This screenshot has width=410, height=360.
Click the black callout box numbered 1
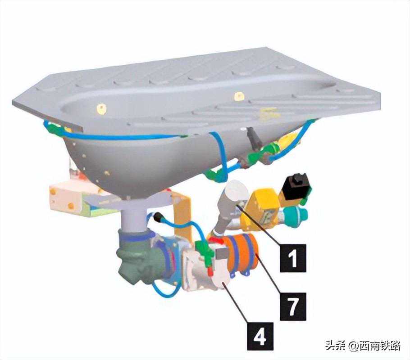tap(292, 258)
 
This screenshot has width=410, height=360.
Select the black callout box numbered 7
tap(293, 306)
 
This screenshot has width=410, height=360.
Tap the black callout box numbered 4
tap(260, 336)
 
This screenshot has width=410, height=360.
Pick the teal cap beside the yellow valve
tap(297, 214)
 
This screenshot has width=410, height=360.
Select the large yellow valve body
tap(263, 209)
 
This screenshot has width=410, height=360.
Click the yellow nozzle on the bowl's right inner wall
tap(239, 96)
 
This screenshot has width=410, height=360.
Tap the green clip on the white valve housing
tap(206, 252)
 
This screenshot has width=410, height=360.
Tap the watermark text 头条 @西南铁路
tap(363, 346)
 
